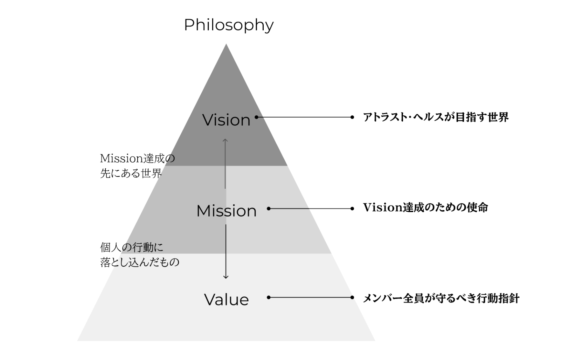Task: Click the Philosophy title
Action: (x=229, y=25)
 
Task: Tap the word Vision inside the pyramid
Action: (x=226, y=120)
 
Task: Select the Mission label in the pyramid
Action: (x=226, y=211)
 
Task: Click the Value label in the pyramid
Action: (x=226, y=299)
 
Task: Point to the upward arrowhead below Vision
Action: (x=225, y=140)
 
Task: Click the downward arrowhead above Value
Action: (x=226, y=277)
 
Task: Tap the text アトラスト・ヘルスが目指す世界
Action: (x=436, y=117)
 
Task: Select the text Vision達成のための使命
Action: (x=425, y=207)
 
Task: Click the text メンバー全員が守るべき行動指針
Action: (x=441, y=298)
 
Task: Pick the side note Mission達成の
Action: (x=137, y=158)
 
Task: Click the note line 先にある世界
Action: (x=131, y=173)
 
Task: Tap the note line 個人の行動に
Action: (x=132, y=247)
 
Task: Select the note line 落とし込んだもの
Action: (x=140, y=262)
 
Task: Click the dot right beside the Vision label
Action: (x=256, y=117)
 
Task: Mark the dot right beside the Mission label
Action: (x=269, y=209)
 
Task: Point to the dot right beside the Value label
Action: (x=269, y=297)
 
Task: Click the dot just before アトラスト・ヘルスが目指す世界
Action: (x=352, y=117)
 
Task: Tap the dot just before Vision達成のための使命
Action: (x=352, y=209)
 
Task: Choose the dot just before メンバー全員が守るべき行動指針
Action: (x=352, y=297)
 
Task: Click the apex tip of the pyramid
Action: (x=226, y=45)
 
